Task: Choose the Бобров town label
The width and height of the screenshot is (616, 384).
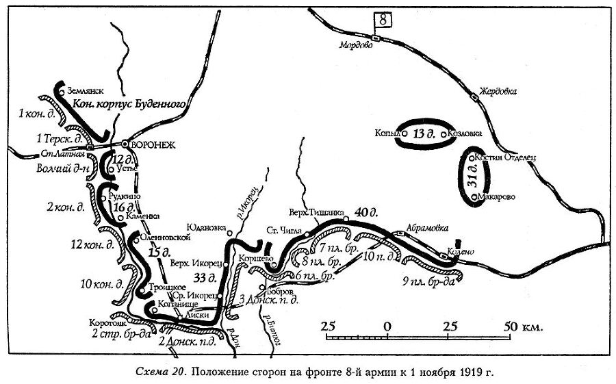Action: coord(279,291)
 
